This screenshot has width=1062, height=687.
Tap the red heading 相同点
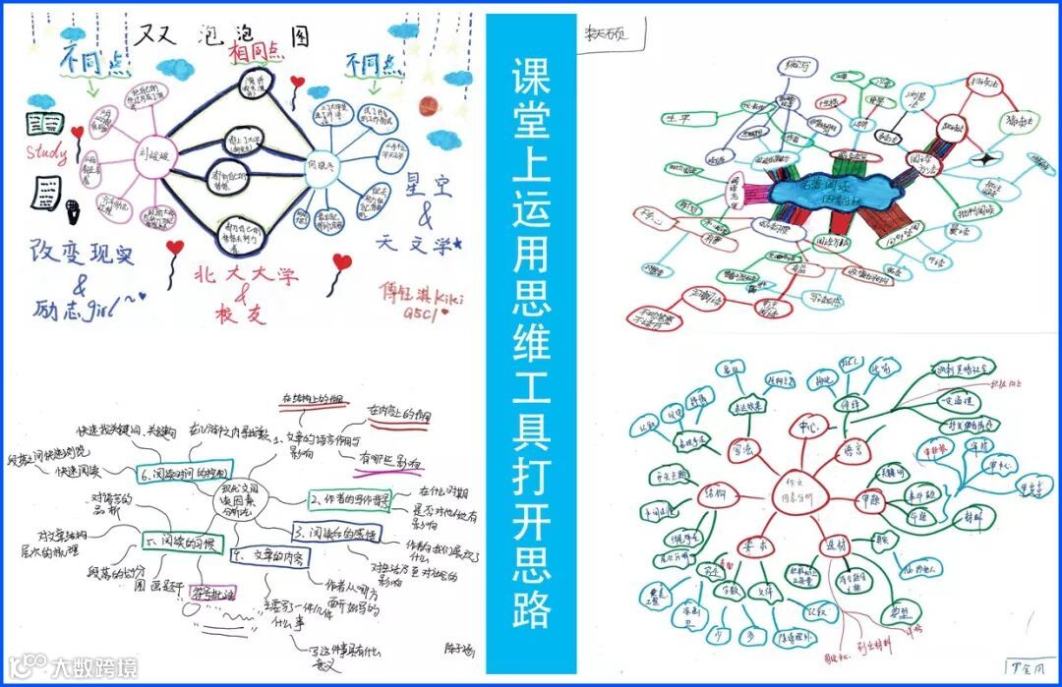pos(252,50)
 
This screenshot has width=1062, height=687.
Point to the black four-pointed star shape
pos(983,157)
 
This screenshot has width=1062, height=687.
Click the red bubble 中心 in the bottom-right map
pos(808,427)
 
